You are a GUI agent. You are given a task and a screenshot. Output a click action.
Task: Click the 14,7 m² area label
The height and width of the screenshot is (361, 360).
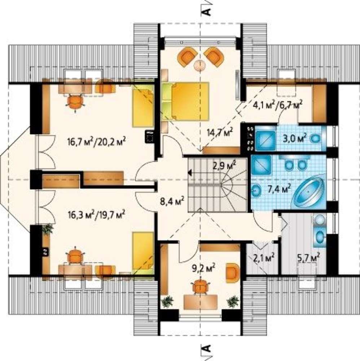[x=220, y=132]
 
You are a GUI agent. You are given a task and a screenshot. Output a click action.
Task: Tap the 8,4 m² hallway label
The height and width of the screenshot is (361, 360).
[x=172, y=201]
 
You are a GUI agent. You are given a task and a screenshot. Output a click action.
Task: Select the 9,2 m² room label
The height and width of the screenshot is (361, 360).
[x=204, y=268]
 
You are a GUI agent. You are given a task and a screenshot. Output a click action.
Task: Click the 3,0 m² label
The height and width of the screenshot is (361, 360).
[x=295, y=139]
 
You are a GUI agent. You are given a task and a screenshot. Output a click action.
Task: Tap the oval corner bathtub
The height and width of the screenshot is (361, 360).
[x=308, y=192]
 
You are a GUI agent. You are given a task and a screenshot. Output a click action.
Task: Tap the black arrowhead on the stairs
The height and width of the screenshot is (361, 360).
[x=190, y=172]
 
